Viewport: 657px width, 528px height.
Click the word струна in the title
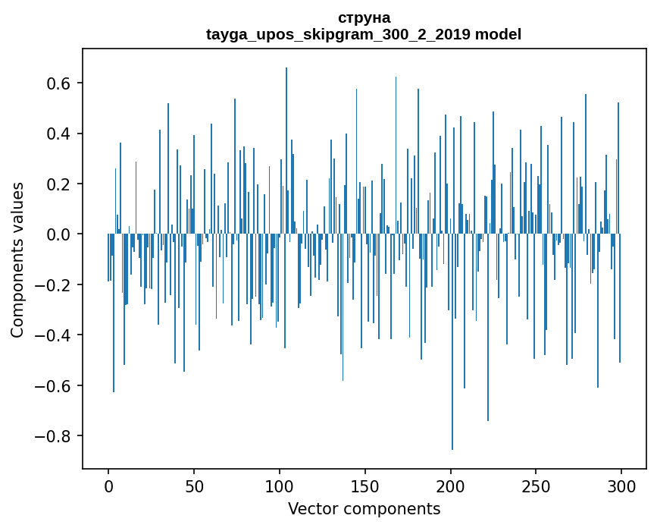click(364, 17)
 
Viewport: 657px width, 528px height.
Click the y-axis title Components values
click(17, 259)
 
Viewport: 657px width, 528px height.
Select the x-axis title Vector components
click(364, 508)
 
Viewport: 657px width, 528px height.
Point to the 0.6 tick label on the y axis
click(58, 83)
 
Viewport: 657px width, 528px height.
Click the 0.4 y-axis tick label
click(58, 134)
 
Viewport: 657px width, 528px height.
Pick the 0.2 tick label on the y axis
click(58, 184)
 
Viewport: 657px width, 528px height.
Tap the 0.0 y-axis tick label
click(58, 234)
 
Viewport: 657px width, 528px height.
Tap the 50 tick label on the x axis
click(194, 486)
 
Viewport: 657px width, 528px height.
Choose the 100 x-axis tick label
click(280, 486)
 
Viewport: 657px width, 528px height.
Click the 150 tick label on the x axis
click(365, 486)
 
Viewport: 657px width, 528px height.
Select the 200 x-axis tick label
click(451, 486)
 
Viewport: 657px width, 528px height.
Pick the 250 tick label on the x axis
click(536, 486)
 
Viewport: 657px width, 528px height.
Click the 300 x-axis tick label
click(621, 486)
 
